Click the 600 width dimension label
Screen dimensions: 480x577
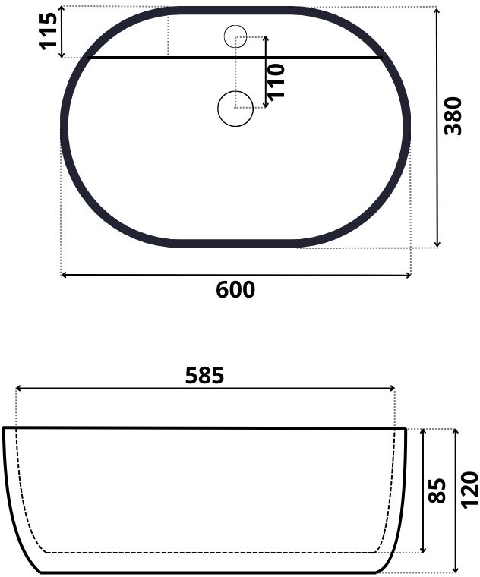[x=235, y=289]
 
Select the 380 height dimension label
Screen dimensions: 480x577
[x=453, y=116]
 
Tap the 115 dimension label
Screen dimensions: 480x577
[x=48, y=31]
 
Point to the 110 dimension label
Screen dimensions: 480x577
[x=276, y=82]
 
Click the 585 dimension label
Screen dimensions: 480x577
[x=204, y=375]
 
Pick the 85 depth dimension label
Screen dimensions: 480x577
[x=437, y=490]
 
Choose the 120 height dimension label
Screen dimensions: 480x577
[x=469, y=490]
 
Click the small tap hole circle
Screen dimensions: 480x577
[x=235, y=36]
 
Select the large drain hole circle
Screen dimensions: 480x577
[x=235, y=109]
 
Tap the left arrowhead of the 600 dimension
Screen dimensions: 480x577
[x=63, y=275]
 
